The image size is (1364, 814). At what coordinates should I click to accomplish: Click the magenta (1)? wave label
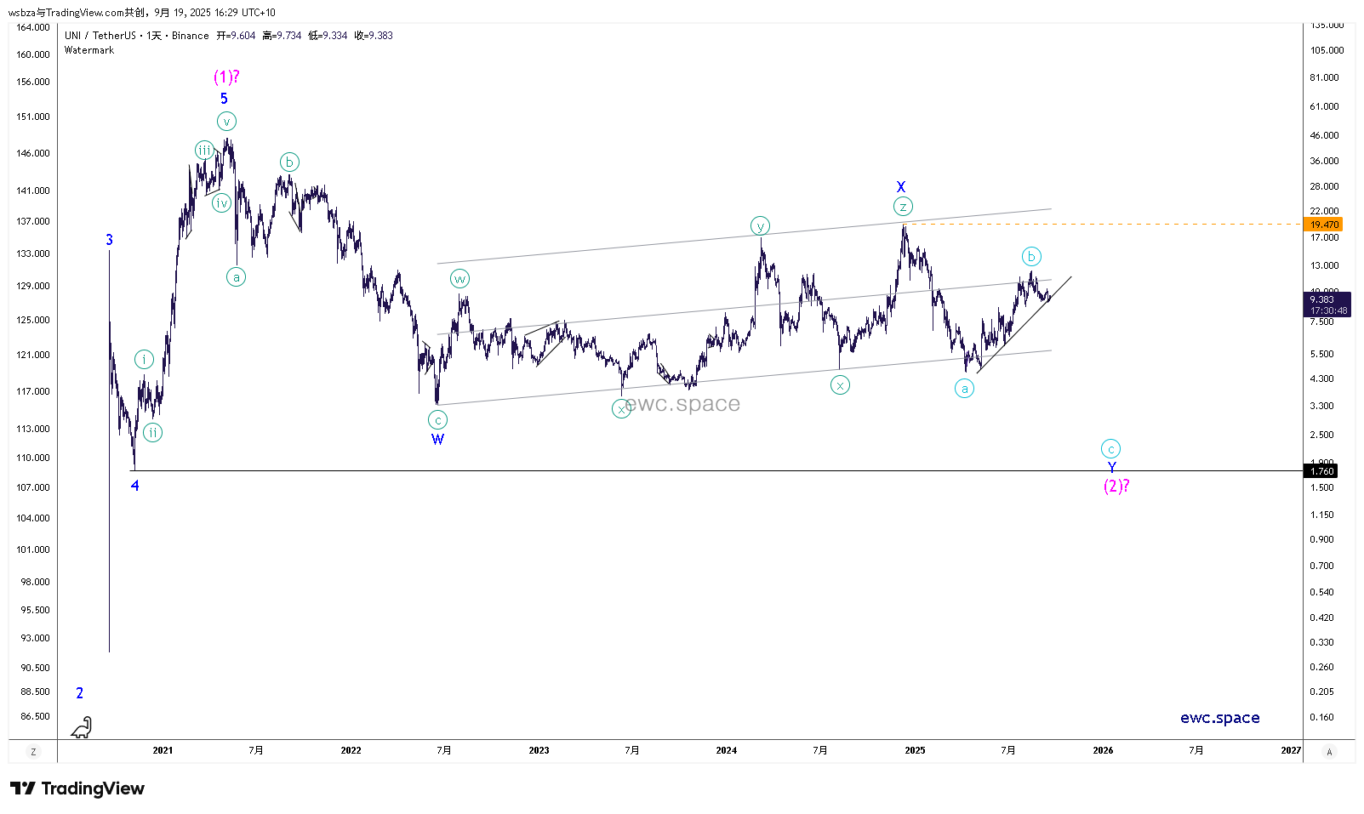click(226, 77)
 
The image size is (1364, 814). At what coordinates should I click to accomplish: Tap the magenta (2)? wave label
click(1116, 486)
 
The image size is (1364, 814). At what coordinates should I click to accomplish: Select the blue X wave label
click(901, 187)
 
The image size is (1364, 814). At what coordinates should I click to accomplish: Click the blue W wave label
click(437, 440)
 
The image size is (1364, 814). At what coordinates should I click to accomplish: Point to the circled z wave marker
click(903, 207)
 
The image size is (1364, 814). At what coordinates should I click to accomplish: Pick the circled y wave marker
click(760, 226)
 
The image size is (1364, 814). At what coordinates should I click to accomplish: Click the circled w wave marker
click(459, 279)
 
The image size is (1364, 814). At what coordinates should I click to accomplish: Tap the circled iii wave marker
click(204, 151)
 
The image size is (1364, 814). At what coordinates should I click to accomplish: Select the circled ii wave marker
click(152, 433)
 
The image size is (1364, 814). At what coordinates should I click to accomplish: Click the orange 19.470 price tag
click(1323, 225)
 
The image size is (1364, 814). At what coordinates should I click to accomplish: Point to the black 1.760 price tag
click(1321, 471)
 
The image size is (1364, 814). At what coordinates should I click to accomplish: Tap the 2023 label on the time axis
click(539, 750)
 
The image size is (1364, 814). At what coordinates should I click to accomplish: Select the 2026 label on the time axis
click(1103, 750)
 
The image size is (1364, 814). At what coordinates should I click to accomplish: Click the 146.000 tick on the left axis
click(33, 153)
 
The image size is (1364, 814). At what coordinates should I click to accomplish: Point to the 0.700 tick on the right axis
click(1321, 566)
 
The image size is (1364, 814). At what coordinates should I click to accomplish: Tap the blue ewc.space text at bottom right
click(1219, 718)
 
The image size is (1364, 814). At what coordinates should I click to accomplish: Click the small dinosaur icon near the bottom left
click(82, 727)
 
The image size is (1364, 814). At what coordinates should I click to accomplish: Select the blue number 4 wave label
click(134, 486)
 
